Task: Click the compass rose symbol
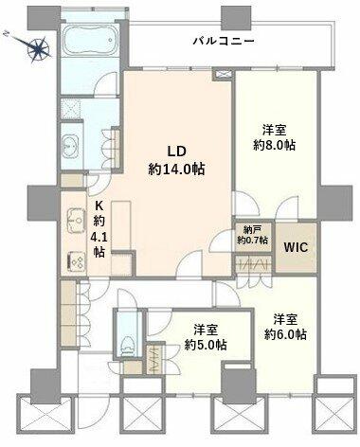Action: (x=39, y=48)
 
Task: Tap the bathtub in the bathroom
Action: (x=90, y=41)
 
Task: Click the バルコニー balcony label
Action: (x=224, y=41)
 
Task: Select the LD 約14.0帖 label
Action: (x=176, y=160)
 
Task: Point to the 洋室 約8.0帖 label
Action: (x=275, y=137)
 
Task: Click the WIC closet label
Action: (x=296, y=247)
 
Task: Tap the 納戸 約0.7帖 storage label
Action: (x=253, y=235)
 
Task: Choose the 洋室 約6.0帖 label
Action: (x=285, y=327)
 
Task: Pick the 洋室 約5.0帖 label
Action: (x=206, y=338)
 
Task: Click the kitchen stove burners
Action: (x=77, y=261)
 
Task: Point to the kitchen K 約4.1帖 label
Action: (x=99, y=229)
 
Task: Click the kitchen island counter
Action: (x=121, y=225)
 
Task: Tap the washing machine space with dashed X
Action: (x=71, y=108)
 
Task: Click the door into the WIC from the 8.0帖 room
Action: (x=287, y=207)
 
